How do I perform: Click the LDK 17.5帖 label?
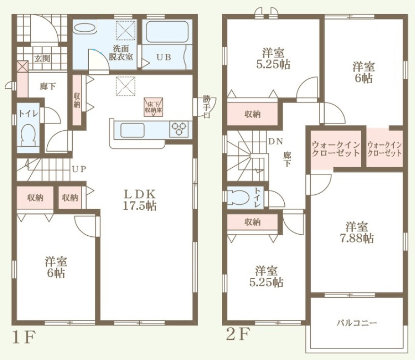point(139,200)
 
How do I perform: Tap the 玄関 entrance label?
point(42,58)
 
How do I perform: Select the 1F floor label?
point(24,337)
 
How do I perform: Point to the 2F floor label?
point(238,334)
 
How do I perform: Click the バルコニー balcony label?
point(357,323)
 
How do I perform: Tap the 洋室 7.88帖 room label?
point(356,233)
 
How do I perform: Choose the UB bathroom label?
point(164,57)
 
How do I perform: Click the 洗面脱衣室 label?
point(121,52)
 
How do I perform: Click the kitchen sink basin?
point(132,130)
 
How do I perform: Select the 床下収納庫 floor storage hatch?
point(153,107)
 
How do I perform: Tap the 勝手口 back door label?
point(206,107)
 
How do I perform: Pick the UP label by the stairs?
point(79,169)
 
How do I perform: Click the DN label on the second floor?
point(276,141)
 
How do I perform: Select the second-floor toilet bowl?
point(238,198)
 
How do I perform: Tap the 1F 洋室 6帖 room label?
point(56,267)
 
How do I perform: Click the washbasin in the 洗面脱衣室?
point(85,27)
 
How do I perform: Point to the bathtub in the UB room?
point(167,32)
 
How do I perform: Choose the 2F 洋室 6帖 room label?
point(364,72)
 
